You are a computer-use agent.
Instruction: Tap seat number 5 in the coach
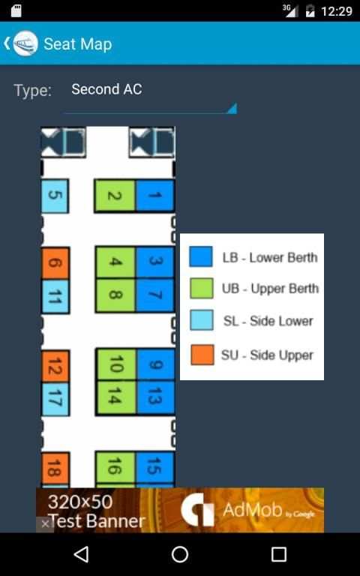coord(55,196)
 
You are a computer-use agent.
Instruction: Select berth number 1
coord(154,196)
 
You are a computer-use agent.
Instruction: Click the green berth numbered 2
coord(115,196)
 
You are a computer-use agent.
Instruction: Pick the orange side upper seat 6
coord(55,263)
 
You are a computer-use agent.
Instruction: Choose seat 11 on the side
coord(55,296)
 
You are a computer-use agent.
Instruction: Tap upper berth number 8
coord(115,295)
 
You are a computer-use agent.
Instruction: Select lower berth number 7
coord(155,295)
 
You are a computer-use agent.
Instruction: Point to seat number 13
coord(155,397)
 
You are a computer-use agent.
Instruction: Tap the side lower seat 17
coord(55,399)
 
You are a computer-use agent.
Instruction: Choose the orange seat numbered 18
coord(55,469)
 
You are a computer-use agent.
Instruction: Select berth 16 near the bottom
coord(115,468)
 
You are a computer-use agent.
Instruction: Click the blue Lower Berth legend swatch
coord(201,256)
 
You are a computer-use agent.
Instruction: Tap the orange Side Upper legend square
coord(202,355)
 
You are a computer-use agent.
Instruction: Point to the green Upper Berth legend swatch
coord(202,288)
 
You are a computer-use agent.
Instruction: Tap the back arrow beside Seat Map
coord(7,43)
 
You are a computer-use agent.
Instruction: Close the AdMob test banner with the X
coord(45,523)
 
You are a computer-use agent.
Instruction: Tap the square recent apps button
coord(279,554)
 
